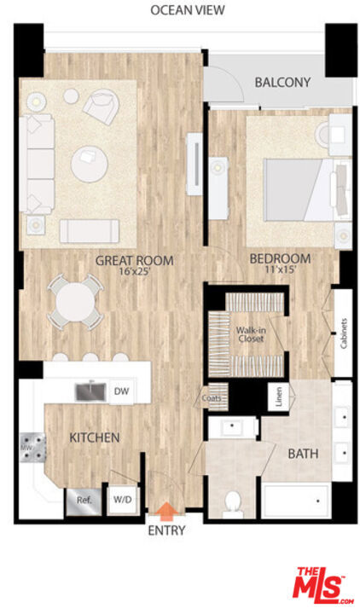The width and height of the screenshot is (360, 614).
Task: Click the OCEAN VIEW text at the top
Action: pos(188,10)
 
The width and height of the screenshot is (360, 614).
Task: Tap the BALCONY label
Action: pos(282,83)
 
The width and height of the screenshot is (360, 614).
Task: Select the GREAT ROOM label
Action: pos(134,260)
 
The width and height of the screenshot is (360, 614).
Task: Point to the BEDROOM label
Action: pos(280,258)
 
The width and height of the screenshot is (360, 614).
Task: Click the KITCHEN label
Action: pos(94,437)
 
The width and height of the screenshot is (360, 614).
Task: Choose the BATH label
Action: pos(303,454)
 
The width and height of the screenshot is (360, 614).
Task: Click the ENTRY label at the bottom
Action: pos(166,530)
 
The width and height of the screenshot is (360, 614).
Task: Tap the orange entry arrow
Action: pos(166,511)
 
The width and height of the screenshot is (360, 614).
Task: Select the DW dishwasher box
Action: pos(121,391)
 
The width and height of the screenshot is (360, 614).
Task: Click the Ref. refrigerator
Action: pos(84,501)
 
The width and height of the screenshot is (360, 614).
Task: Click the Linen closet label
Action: pos(278,397)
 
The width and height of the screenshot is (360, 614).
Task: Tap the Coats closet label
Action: pos(212,397)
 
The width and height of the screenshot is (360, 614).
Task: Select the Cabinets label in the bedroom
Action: pos(344,333)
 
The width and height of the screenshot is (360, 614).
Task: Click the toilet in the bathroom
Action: pos(231,504)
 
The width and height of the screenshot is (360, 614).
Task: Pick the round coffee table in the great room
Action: pos(90,164)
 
